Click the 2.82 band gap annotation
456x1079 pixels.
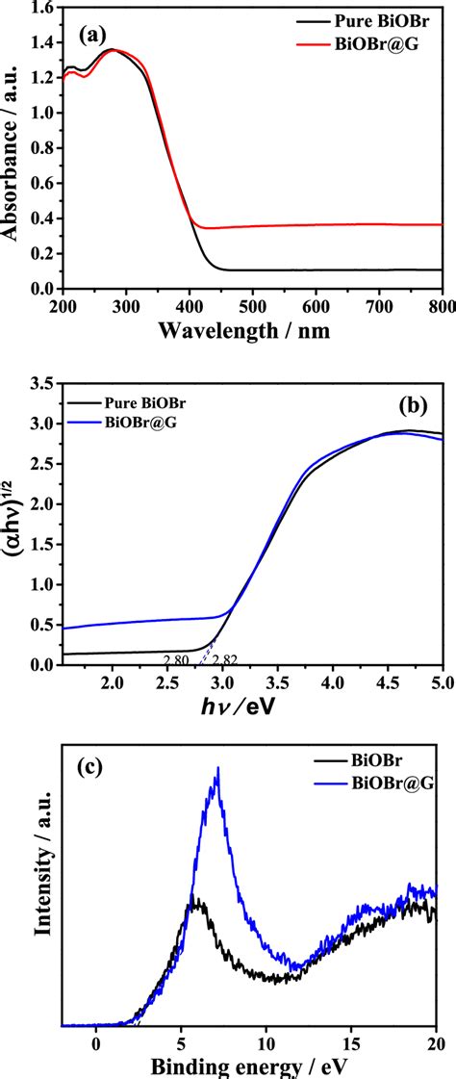(x=224, y=657)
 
